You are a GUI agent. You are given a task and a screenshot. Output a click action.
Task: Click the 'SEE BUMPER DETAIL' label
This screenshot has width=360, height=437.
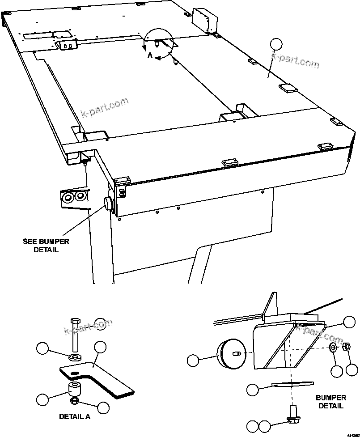[x=46, y=246]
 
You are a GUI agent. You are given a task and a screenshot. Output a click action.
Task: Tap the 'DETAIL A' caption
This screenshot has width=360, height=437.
[x=75, y=416]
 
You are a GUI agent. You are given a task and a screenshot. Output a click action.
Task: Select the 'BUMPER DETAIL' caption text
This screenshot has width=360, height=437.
[x=331, y=401]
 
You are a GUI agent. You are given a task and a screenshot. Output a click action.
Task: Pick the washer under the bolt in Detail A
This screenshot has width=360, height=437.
[x=74, y=357]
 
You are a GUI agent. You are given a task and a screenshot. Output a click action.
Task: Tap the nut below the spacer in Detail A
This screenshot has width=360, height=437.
[x=76, y=399]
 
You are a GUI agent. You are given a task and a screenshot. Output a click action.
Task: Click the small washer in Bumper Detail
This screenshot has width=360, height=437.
[x=334, y=348]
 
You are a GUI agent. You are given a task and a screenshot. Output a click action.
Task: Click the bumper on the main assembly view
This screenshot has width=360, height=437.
[x=108, y=204]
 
